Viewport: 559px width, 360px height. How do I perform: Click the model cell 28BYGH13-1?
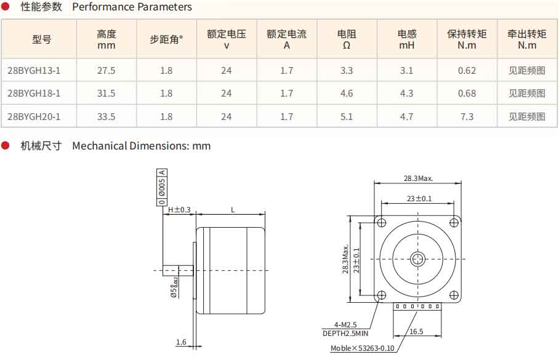(x=34, y=71)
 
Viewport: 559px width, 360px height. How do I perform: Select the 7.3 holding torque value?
(x=467, y=116)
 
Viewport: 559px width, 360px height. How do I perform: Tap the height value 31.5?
(x=107, y=94)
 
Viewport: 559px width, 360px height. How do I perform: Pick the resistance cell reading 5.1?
(x=347, y=116)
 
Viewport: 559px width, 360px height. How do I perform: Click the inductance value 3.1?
(x=406, y=71)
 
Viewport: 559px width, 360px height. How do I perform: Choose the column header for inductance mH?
(x=407, y=39)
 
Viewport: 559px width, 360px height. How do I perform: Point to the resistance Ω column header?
(x=347, y=39)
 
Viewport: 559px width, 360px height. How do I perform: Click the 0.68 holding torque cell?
(x=467, y=94)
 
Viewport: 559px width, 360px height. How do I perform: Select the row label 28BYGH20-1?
(x=34, y=116)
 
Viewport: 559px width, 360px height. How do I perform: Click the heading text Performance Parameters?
(x=132, y=7)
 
